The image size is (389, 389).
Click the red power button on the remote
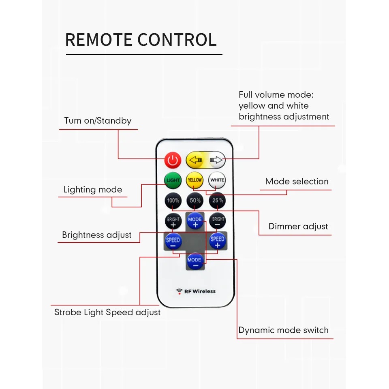coord(173,160)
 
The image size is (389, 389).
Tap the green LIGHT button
coord(173,180)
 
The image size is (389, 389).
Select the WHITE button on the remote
coord(217,180)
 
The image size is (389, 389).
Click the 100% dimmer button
coord(173,201)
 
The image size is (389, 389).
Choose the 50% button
coord(195,201)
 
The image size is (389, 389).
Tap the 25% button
coord(217,201)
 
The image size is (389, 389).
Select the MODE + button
coord(195,221)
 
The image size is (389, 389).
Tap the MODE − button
coord(194,261)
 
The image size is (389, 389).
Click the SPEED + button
coord(217,241)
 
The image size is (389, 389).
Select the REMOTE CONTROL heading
coord(141,40)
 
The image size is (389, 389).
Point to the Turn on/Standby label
coord(98,121)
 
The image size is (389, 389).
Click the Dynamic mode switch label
coord(283,330)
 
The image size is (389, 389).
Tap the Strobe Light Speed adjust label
coord(107,312)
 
